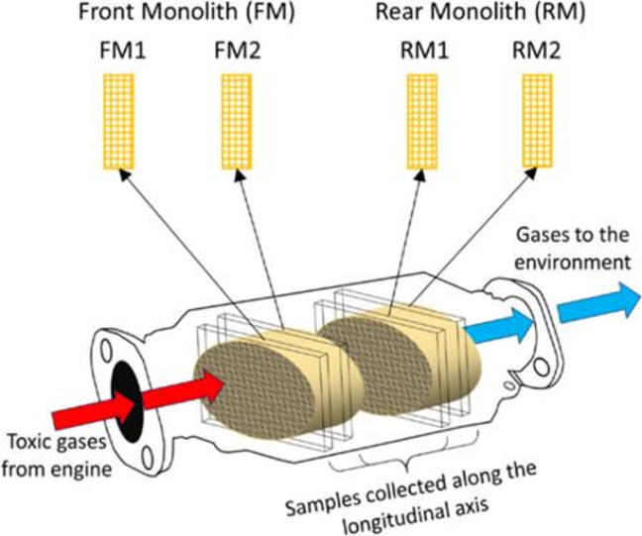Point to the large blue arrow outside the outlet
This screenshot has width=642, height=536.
597,301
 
